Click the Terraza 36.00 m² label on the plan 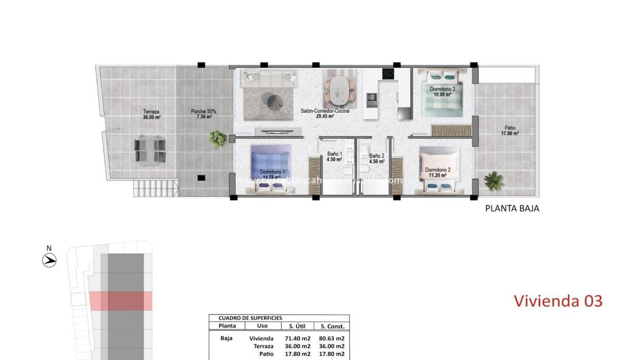point(152,114)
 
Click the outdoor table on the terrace point(151,150)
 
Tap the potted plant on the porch point(218,138)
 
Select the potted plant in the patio point(494,181)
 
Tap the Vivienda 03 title point(558,300)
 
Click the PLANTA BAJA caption point(512,209)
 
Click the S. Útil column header point(297,326)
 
